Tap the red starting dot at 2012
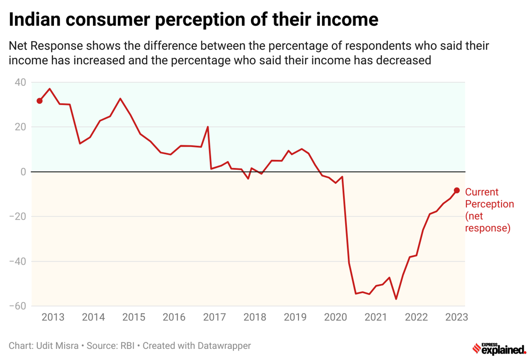39,101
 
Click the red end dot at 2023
457,190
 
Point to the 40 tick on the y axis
21,82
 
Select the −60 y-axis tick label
18,306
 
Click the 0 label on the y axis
23,172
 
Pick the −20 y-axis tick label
18,217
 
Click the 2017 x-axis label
215,317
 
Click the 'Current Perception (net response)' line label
489,210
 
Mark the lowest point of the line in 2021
396,299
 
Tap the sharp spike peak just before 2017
208,127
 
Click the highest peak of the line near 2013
50,89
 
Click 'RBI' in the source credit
129,345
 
